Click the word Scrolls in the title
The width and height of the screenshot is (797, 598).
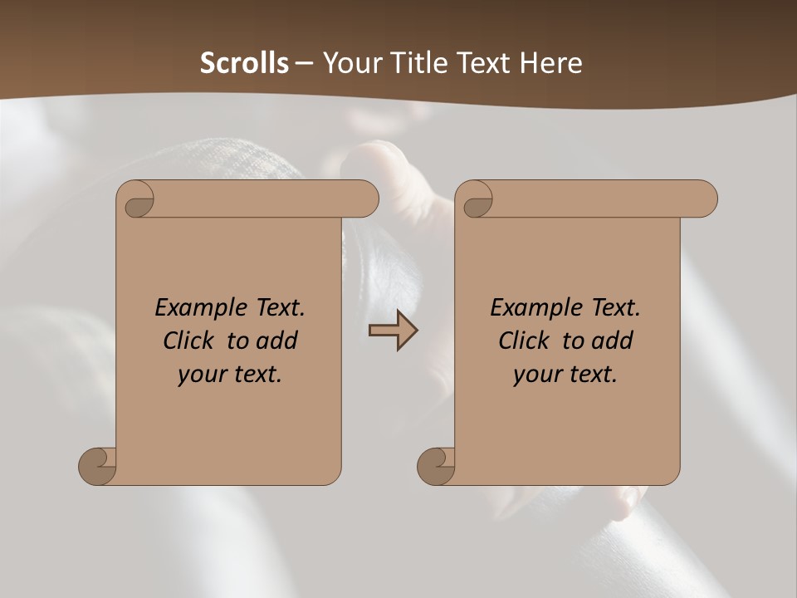coord(245,63)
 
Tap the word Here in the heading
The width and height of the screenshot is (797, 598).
coord(550,63)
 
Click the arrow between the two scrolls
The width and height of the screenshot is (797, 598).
coord(394,331)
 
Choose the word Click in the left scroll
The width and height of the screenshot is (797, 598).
coord(189,341)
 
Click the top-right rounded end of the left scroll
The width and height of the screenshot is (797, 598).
coord(365,199)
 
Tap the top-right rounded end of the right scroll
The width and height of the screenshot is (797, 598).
coord(704,199)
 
